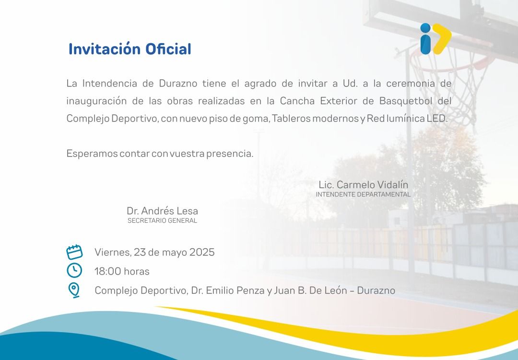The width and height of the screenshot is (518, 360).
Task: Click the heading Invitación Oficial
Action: [130, 49]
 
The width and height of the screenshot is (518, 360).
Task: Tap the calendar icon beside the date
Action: [74, 252]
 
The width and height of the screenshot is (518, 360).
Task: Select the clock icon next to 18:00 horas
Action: [74, 270]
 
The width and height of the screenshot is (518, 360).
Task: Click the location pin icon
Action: [74, 290]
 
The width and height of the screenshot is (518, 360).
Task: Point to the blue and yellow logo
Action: [436, 39]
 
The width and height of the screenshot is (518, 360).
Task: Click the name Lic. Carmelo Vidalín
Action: [364, 184]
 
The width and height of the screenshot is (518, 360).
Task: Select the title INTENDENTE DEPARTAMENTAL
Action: [363, 194]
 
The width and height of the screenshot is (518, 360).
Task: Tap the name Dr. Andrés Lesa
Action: [162, 211]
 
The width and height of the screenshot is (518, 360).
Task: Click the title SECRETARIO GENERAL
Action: [162, 220]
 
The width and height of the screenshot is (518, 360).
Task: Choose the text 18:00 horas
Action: [122, 271]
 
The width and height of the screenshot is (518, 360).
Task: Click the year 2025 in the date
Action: [202, 252]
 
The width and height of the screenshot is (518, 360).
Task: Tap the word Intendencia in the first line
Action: [110, 84]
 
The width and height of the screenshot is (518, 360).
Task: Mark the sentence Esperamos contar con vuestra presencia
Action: [160, 154]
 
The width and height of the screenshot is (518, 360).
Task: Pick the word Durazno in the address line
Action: [376, 290]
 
